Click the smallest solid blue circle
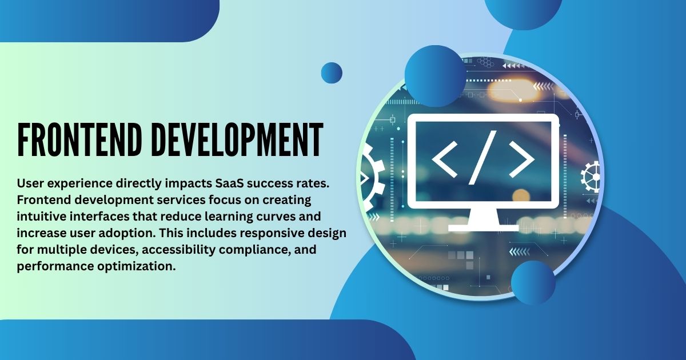pos(332,73)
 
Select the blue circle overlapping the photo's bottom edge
pos(533,282)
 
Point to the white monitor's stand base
pos(483,227)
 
